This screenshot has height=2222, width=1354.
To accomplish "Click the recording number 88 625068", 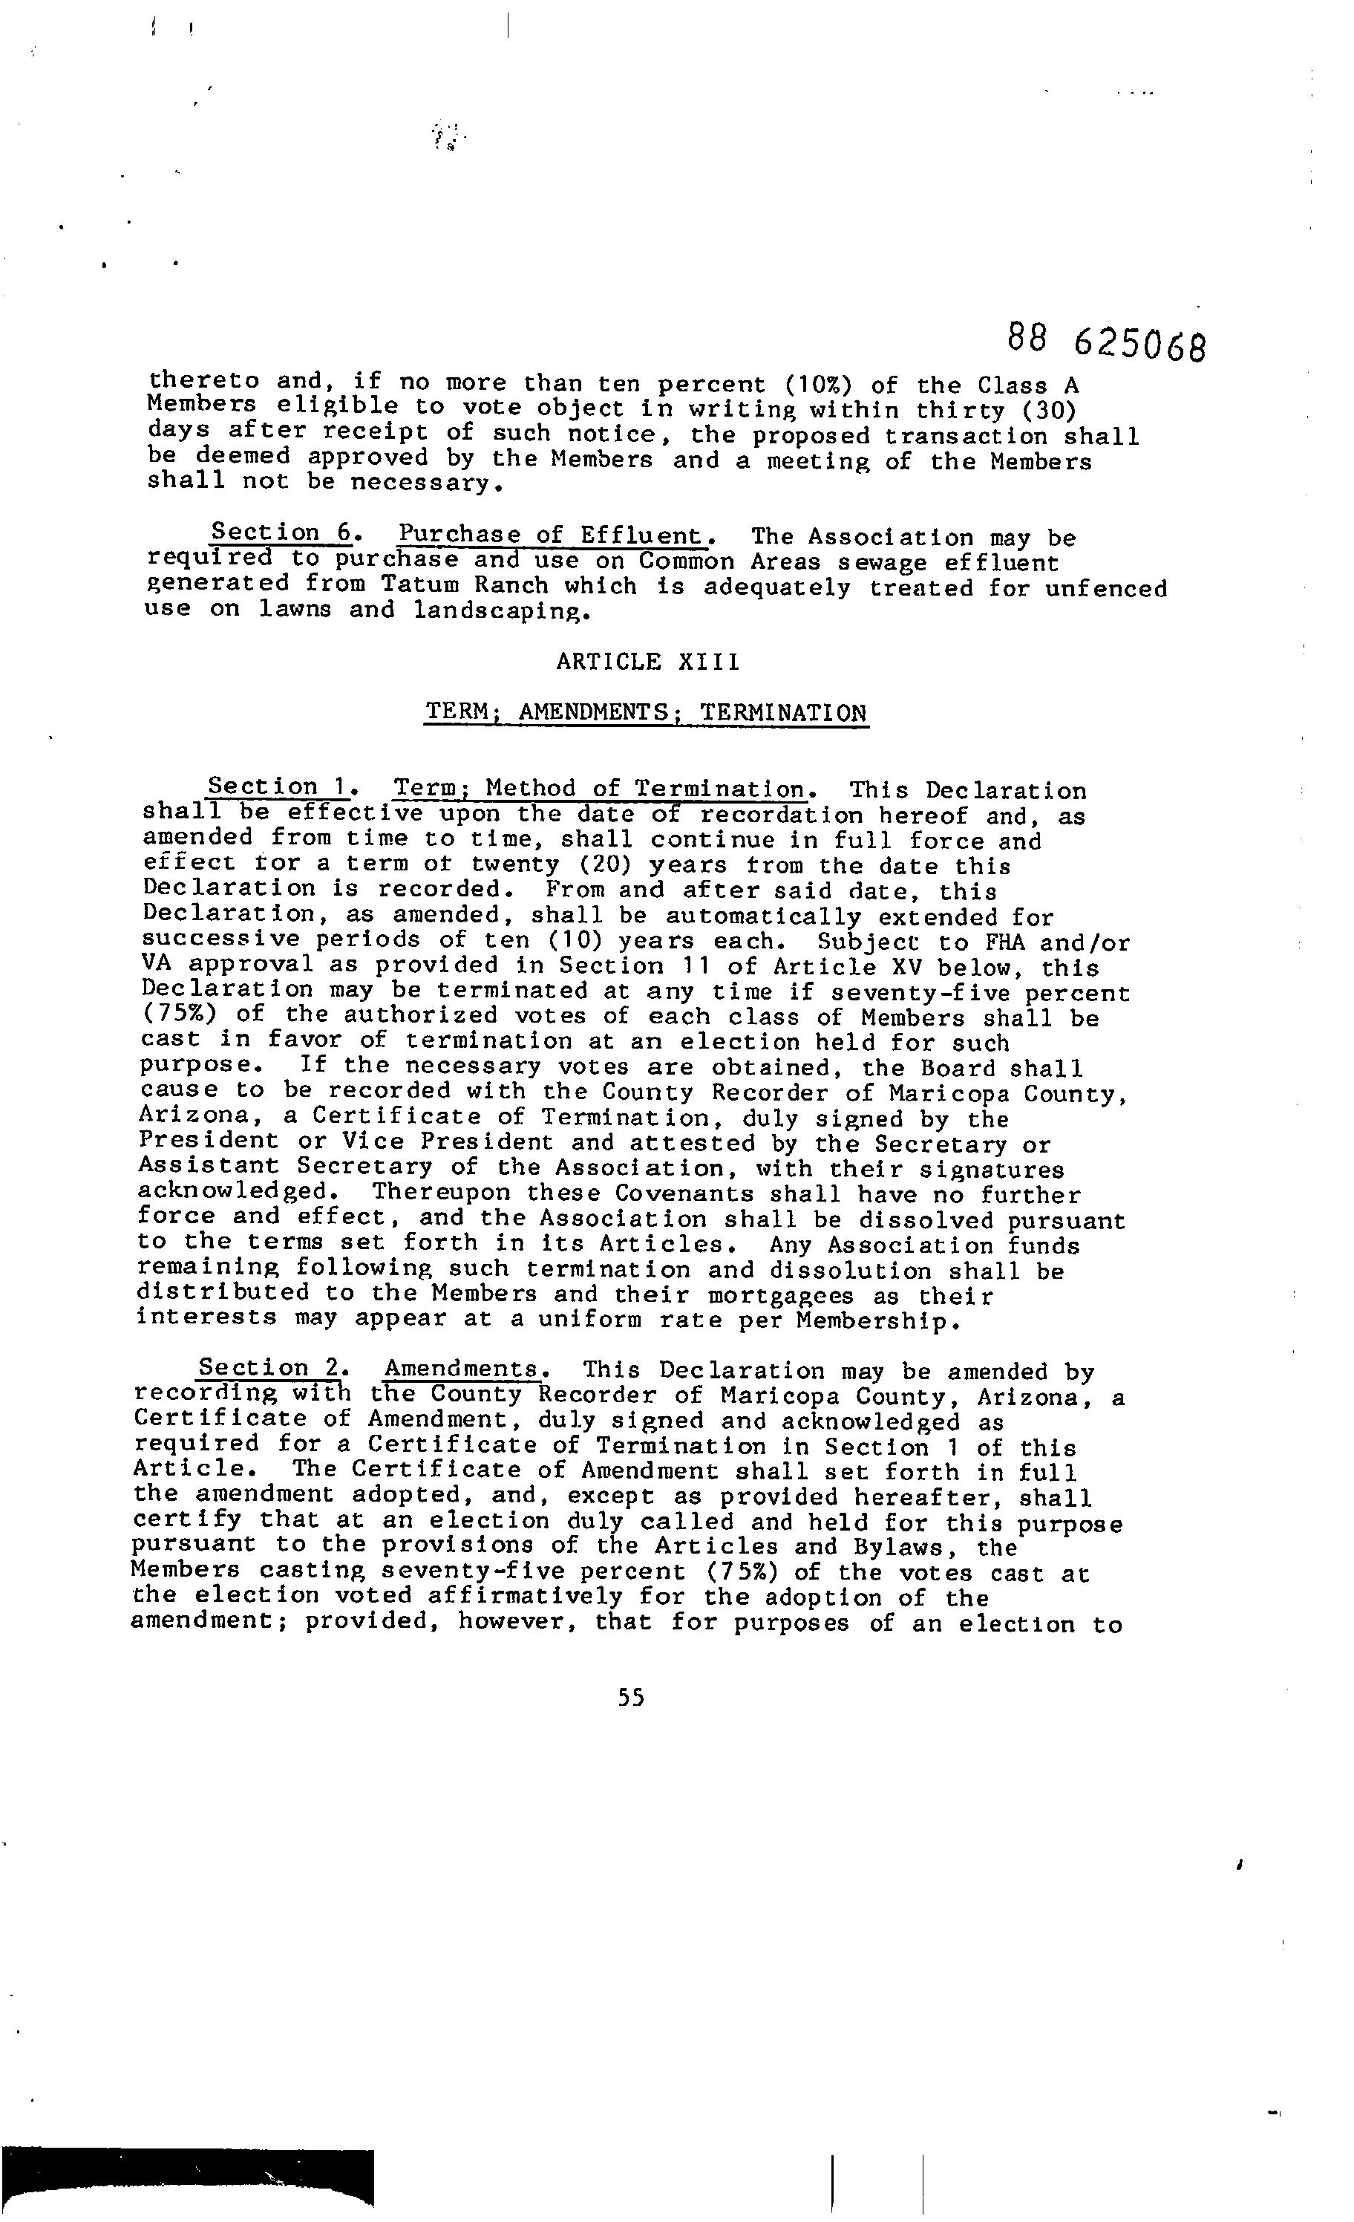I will pyautogui.click(x=1105, y=341).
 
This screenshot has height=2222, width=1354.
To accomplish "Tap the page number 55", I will pyautogui.click(x=631, y=1698).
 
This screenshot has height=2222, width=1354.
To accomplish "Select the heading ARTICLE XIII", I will pyautogui.click(x=647, y=662).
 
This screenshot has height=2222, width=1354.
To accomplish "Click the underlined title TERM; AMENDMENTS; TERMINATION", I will pyautogui.click(x=647, y=712).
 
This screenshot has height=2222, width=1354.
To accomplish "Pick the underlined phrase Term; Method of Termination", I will pyautogui.click(x=600, y=789).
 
